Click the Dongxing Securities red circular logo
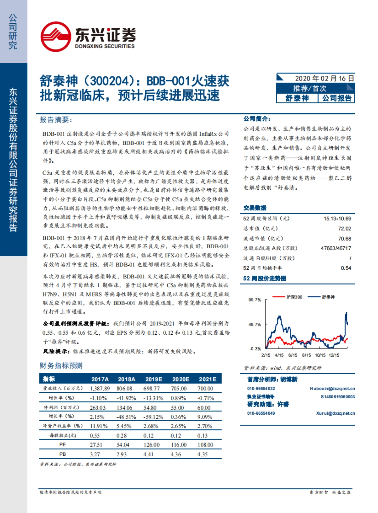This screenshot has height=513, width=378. tap(56, 37)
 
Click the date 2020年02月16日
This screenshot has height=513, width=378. tap(324, 78)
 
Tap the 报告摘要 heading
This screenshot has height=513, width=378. tap(56, 120)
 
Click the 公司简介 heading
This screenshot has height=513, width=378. tap(257, 119)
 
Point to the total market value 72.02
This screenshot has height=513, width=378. tap(344, 229)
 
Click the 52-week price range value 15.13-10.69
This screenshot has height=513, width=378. tap(337, 219)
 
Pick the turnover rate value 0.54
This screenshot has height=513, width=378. tap(346, 268)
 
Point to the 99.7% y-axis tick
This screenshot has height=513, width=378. tap(255, 300)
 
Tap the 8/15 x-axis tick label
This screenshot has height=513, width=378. tap(306, 355)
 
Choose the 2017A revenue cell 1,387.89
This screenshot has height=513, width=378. tap(100, 389)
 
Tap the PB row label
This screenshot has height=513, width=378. tap(62, 454)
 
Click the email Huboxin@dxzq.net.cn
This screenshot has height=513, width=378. tap(332, 389)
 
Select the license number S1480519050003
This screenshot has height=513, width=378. tap(337, 397)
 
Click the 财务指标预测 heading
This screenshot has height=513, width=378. tap(61, 366)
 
